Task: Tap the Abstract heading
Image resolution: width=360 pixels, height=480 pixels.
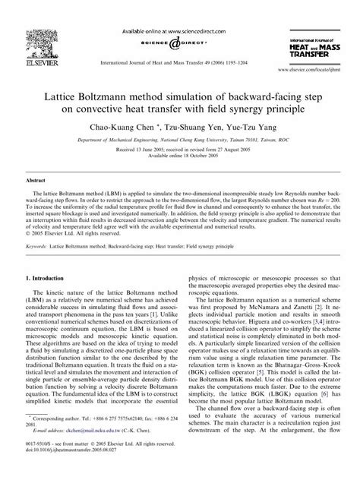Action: pos(38,182)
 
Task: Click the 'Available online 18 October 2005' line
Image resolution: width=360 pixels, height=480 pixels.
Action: pos(180,157)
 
